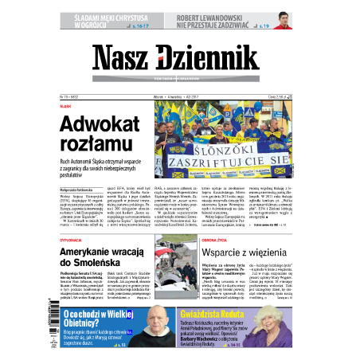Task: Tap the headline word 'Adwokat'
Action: point(100,124)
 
